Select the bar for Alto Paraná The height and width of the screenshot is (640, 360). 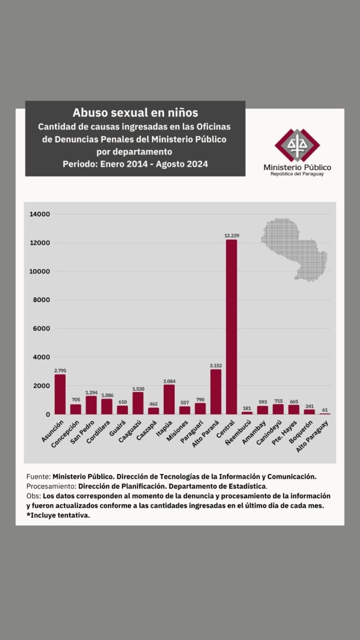click(x=216, y=392)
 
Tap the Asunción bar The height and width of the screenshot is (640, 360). click(x=60, y=394)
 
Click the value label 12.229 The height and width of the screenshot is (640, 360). click(x=231, y=236)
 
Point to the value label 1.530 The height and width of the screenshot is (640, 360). click(x=138, y=389)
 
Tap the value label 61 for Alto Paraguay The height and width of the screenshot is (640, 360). click(x=325, y=410)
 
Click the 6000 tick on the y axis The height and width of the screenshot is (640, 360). click(x=41, y=329)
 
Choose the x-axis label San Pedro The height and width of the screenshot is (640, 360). click(x=87, y=432)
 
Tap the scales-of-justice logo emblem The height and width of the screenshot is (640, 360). click(x=297, y=145)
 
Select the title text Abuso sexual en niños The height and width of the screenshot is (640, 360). click(x=135, y=113)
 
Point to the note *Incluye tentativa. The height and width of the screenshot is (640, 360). click(x=59, y=515)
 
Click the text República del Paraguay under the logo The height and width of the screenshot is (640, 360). click(x=297, y=174)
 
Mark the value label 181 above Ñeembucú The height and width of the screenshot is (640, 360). click(x=247, y=408)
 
